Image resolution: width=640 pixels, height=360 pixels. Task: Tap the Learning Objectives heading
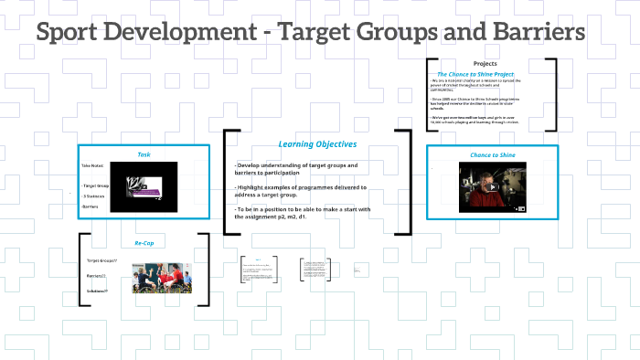coord(317,144)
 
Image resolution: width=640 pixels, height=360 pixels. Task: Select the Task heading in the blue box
coord(144,154)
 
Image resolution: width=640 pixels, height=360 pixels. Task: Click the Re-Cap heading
coord(144,244)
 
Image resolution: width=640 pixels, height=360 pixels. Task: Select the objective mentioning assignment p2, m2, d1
coord(302,213)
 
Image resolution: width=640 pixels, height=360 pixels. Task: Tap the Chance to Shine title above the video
coord(493,155)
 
